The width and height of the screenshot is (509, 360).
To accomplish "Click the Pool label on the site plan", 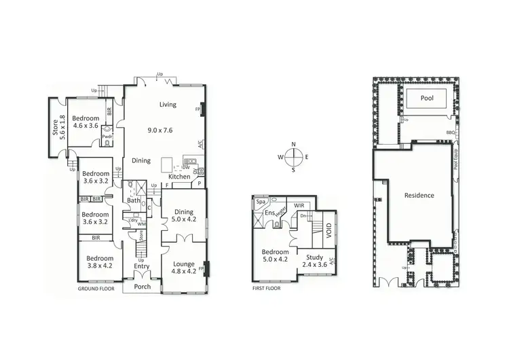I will pos(426,98).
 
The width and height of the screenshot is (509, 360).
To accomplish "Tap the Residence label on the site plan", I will pos(419,195).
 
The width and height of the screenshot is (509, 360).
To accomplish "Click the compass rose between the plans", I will pos(293,157).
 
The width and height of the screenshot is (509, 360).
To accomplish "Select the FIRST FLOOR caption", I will pos(266,288).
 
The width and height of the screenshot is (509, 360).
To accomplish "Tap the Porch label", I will pos(141,287).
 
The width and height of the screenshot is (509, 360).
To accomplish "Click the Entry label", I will pos(141,266).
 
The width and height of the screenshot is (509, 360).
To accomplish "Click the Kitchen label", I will pos(179,177).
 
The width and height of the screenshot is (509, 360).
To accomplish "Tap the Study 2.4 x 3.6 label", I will pos(314,261).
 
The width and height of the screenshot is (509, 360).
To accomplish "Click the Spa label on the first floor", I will pos(261,202).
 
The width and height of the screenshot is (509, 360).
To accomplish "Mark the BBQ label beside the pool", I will pos(450,132).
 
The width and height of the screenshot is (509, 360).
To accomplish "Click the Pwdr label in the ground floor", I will pos(107,136).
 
